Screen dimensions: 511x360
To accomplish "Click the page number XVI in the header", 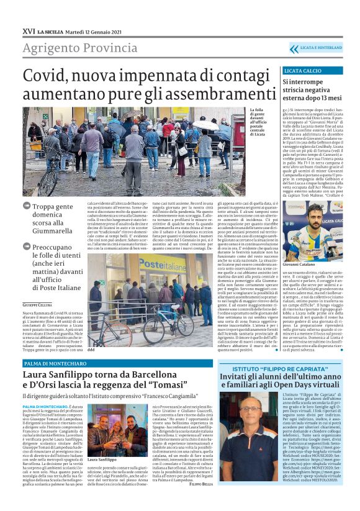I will (28, 30).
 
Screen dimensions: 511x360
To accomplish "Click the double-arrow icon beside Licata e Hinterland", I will (294, 48).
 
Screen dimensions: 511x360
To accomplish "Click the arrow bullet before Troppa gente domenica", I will (27, 188).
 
